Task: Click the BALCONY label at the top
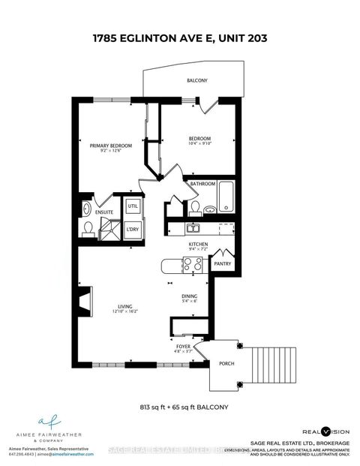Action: click(x=197, y=80)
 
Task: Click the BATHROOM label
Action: click(x=202, y=184)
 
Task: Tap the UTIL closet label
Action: click(x=133, y=206)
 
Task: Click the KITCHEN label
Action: click(x=198, y=245)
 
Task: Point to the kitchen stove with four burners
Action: click(x=191, y=264)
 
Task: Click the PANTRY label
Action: click(x=223, y=264)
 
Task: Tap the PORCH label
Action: click(x=226, y=365)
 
